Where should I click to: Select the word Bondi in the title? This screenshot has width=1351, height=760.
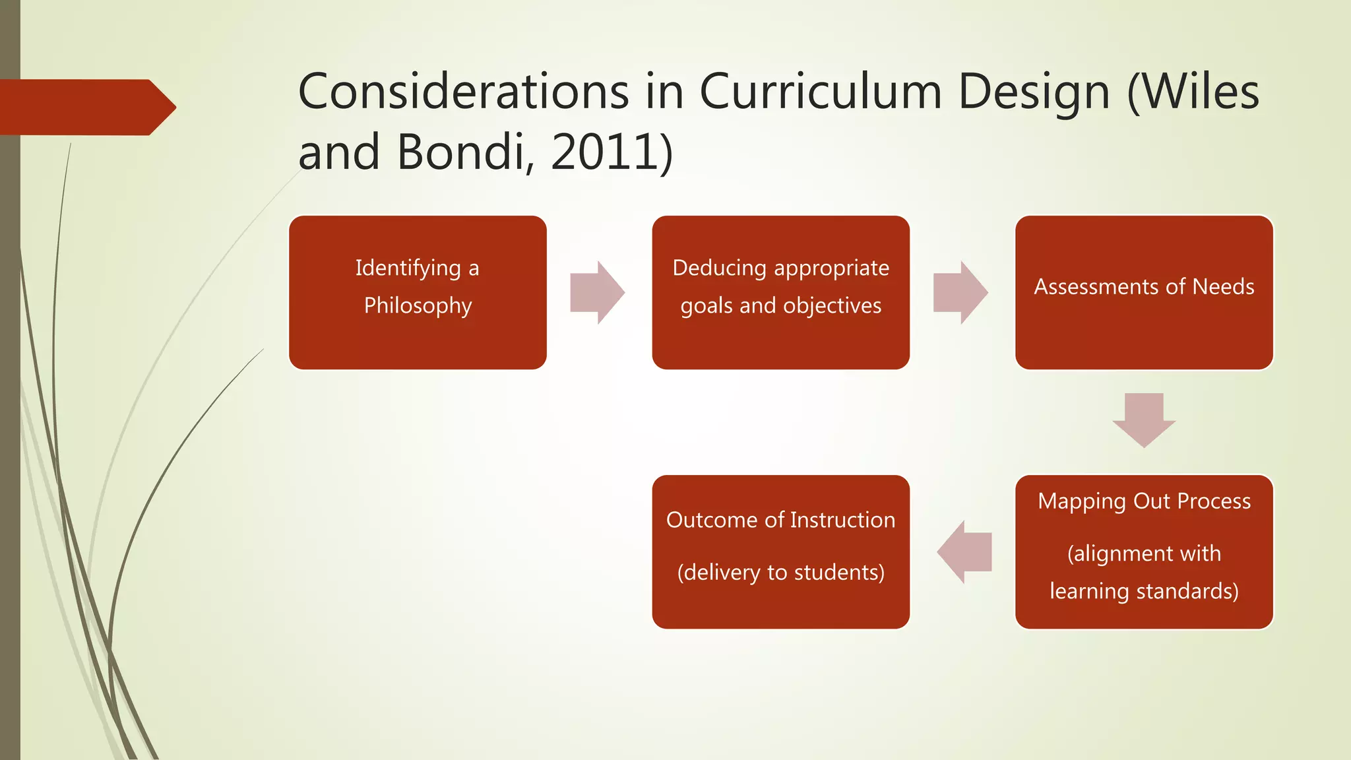point(460,152)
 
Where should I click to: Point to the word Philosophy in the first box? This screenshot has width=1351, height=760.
point(418,306)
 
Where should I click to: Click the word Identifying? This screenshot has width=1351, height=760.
point(408,269)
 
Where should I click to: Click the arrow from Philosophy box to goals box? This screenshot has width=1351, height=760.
point(597,292)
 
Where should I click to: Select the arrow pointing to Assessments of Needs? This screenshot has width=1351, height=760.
point(960,292)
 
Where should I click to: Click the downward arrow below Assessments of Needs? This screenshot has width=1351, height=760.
point(1144,420)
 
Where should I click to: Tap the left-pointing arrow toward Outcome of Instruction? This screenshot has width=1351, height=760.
point(965,552)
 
